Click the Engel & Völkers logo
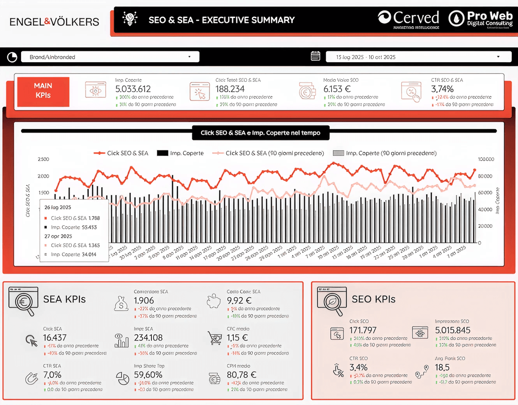click(x=54, y=22)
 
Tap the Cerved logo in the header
click(x=409, y=19)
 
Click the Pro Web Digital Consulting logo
click(x=481, y=19)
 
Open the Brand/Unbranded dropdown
click(x=110, y=57)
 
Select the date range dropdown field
click(x=418, y=57)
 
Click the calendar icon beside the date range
click(x=315, y=56)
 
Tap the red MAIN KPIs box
click(x=43, y=91)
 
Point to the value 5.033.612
click(x=133, y=89)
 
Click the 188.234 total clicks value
click(x=230, y=89)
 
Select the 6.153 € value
click(x=337, y=89)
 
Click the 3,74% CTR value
click(x=442, y=89)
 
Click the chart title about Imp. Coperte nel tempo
click(x=260, y=133)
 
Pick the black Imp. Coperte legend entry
click(x=180, y=153)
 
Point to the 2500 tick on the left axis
click(x=43, y=159)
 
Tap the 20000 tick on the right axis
click(x=485, y=226)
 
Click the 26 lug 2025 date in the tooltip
click(x=58, y=208)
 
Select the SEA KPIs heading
click(x=64, y=299)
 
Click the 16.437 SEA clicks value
click(x=55, y=338)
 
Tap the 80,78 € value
click(x=241, y=375)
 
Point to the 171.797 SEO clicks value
click(x=363, y=330)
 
